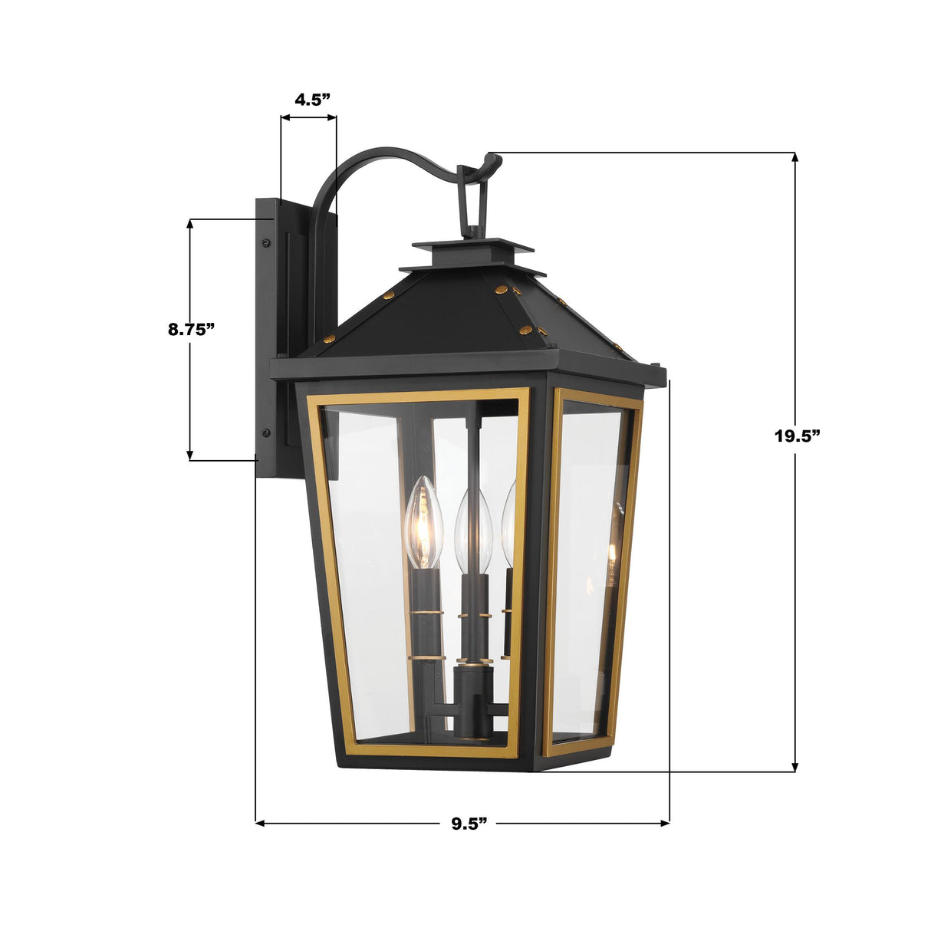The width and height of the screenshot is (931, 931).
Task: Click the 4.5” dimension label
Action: click(312, 99)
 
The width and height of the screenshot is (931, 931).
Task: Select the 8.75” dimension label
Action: click(191, 330)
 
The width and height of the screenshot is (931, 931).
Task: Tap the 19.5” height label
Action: click(797, 436)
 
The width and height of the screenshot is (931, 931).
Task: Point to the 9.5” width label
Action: click(469, 824)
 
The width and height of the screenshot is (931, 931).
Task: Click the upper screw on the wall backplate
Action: click(265, 243)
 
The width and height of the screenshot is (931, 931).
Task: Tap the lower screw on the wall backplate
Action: click(265, 433)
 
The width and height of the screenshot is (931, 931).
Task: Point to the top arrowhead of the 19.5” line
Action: click(794, 158)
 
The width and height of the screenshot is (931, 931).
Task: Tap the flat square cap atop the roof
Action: click(472, 246)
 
